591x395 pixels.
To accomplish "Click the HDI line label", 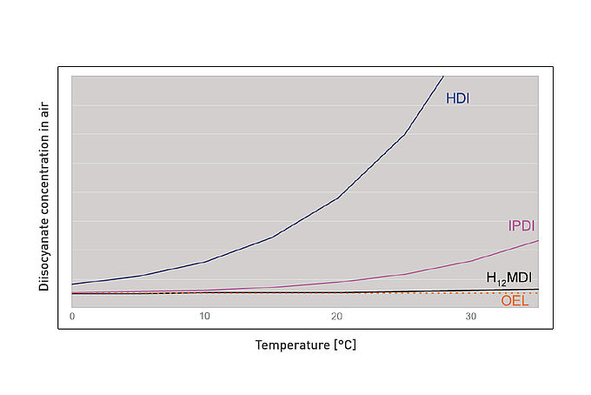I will (x=457, y=98).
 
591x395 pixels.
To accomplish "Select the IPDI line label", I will (x=521, y=226).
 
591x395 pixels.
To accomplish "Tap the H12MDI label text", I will (x=508, y=278).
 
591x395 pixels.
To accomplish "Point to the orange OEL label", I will (x=515, y=301).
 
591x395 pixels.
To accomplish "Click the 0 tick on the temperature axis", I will (x=72, y=316).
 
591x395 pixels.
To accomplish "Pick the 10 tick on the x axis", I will (x=204, y=316).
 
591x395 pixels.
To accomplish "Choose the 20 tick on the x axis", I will (x=337, y=316).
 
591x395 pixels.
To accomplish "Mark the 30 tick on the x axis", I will (x=470, y=316).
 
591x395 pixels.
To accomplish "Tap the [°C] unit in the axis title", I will (x=345, y=345).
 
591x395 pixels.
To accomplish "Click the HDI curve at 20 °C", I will (x=337, y=197).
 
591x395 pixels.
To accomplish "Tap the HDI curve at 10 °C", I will (x=204, y=262).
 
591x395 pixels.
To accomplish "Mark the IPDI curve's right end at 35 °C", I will (x=538, y=240).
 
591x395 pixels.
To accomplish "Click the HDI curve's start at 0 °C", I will (x=73, y=284).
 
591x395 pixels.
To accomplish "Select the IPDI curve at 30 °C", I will (x=470, y=260).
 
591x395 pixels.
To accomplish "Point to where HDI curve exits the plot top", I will (x=442, y=77).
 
